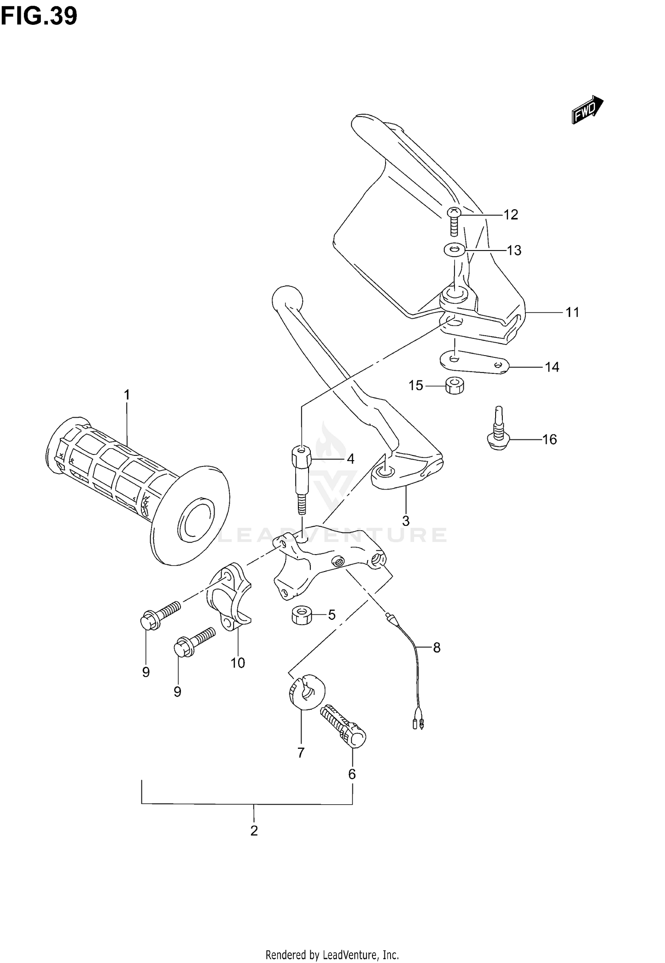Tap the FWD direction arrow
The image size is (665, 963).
587,110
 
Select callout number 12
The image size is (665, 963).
511,215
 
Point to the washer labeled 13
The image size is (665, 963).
454,250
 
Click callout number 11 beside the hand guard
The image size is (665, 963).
572,313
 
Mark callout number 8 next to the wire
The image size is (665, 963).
436,648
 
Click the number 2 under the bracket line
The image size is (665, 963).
254,831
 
